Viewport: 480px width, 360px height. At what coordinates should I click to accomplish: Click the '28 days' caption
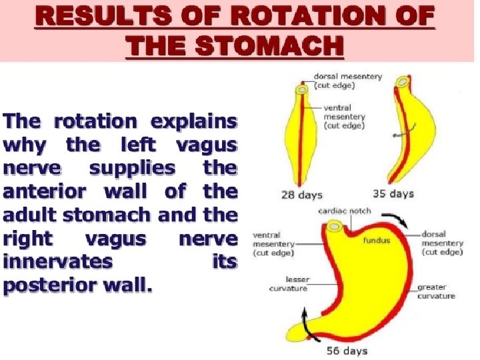coord(302,195)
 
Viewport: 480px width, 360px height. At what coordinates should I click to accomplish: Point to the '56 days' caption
coord(346,351)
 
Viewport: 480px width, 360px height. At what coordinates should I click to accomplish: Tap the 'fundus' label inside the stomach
coord(377,239)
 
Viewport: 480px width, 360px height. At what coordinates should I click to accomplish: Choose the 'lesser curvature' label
coord(287,285)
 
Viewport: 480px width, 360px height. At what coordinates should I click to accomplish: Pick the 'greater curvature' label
coord(436,291)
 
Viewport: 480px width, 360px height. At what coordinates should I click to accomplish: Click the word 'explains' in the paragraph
coord(193,122)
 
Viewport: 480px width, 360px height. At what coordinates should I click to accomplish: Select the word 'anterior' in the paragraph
coord(43,192)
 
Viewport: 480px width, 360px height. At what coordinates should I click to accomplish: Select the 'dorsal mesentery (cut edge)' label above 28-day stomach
coord(353,81)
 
